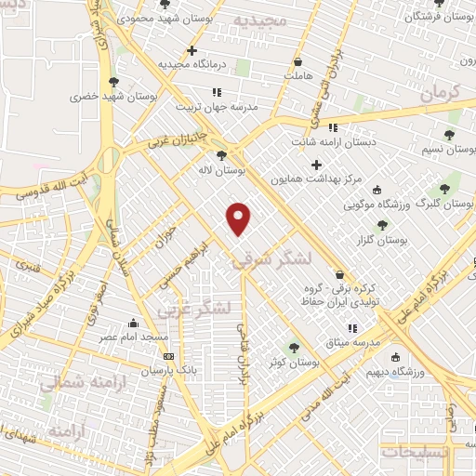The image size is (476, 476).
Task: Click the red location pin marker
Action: click(x=240, y=218)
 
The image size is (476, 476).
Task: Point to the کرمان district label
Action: click(x=441, y=92)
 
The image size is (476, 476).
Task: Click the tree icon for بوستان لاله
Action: click(x=221, y=156)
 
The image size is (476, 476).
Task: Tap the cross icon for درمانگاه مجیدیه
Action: click(x=192, y=50)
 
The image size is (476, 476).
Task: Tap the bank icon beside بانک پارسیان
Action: click(x=168, y=356)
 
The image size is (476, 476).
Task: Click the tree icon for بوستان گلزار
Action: click(x=382, y=225)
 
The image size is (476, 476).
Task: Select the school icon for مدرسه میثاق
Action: click(x=352, y=327)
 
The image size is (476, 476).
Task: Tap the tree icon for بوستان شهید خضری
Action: click(x=112, y=82)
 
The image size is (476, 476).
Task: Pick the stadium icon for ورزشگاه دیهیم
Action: click(x=395, y=358)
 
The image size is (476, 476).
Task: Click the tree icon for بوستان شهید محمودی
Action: click(x=165, y=3)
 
